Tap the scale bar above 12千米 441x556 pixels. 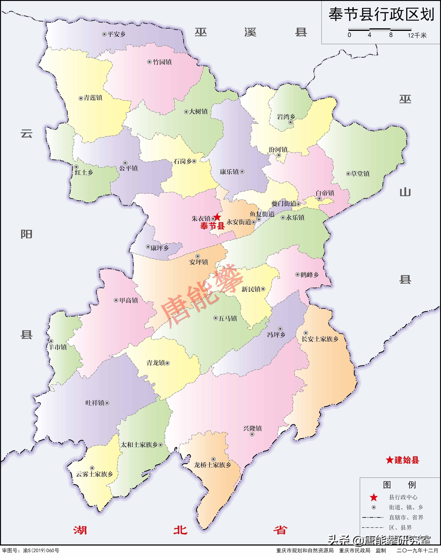(x=380, y=30)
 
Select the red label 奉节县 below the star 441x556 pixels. (x=212, y=226)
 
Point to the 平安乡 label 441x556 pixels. (x=116, y=34)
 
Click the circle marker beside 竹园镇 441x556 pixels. (x=149, y=62)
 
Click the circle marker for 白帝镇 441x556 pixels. (x=319, y=199)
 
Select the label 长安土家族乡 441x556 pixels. (x=320, y=339)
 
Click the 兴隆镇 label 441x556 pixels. (x=252, y=428)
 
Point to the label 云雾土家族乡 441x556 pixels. (x=94, y=474)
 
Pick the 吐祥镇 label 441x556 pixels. (x=95, y=403)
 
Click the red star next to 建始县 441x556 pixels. (x=389, y=460)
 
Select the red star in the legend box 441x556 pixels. (x=374, y=497)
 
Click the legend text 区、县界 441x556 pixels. (x=401, y=528)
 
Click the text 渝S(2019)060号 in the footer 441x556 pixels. (x=41, y=551)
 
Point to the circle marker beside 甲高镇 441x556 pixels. (x=116, y=300)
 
